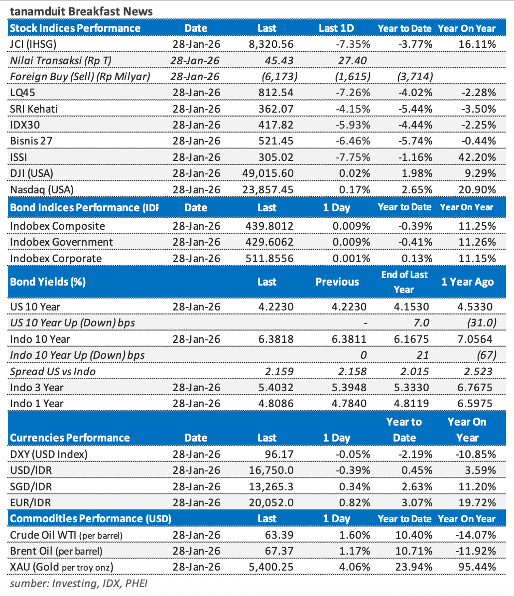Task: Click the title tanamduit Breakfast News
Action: click(x=82, y=11)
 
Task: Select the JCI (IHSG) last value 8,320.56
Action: click(x=271, y=44)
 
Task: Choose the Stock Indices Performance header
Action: click(x=75, y=28)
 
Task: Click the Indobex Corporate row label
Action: click(x=56, y=259)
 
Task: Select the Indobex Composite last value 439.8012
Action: click(x=269, y=226)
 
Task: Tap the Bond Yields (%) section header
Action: click(x=48, y=282)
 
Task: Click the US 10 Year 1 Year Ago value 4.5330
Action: click(x=474, y=307)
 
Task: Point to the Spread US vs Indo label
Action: click(x=53, y=371)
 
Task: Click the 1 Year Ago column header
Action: click(x=467, y=282)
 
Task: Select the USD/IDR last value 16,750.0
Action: click(x=271, y=470)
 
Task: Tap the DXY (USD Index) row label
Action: click(x=49, y=454)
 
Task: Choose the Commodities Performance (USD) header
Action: click(x=91, y=519)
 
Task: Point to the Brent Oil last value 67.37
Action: click(x=280, y=551)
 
